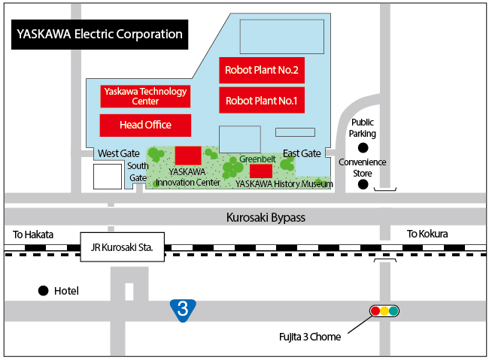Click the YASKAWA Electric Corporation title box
pyautogui.click(x=99, y=35)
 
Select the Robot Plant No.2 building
pyautogui.click(x=262, y=71)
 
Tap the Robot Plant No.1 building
pyautogui.click(x=262, y=99)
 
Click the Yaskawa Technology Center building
pyautogui.click(x=145, y=96)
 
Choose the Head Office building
pyautogui.click(x=145, y=125)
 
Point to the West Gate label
pyautogui.click(x=119, y=153)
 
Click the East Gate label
pyautogui.click(x=302, y=153)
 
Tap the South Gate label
pyautogui.click(x=138, y=171)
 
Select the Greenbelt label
pyautogui.click(x=256, y=159)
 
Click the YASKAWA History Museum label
pyautogui.click(x=284, y=183)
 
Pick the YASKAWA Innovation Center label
pyautogui.click(x=188, y=177)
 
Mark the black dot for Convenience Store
pyautogui.click(x=363, y=184)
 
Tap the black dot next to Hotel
pyautogui.click(x=43, y=291)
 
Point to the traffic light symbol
pyautogui.click(x=384, y=310)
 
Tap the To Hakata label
pyautogui.click(x=33, y=234)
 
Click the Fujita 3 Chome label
pyautogui.click(x=309, y=336)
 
